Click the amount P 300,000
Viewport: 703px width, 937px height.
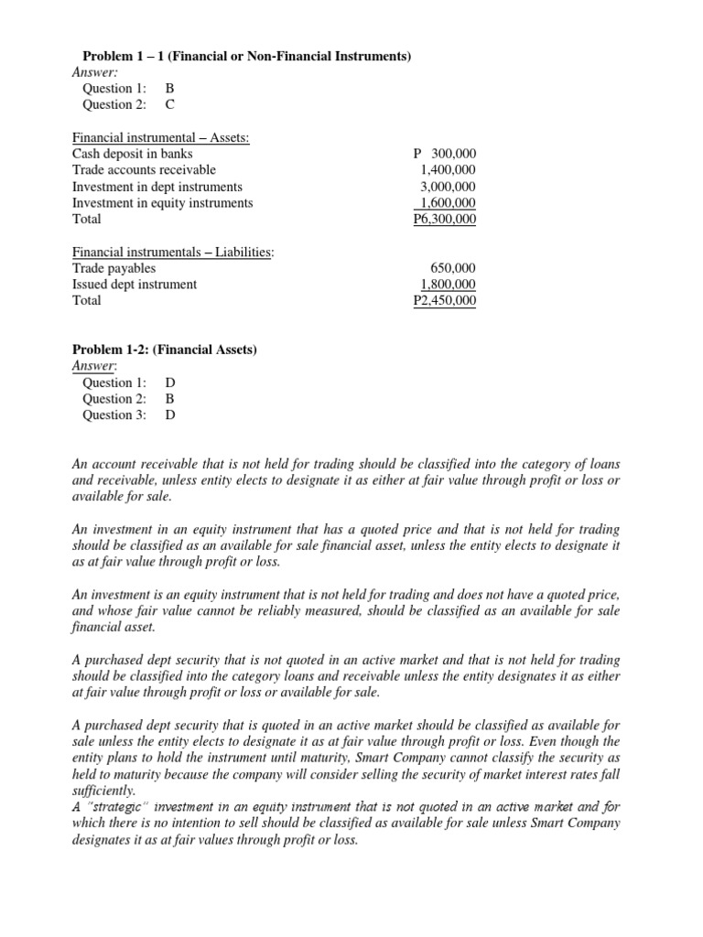click(445, 154)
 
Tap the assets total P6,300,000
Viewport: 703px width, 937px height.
click(445, 220)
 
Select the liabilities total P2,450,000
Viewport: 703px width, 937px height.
click(445, 301)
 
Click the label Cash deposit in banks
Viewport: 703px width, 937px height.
click(132, 154)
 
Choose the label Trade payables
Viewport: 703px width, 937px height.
click(114, 268)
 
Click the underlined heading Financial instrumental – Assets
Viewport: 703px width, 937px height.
click(161, 137)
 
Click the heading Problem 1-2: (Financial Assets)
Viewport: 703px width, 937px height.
click(165, 350)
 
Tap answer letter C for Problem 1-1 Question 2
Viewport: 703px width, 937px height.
click(169, 105)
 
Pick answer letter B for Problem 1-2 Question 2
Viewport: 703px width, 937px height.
click(169, 399)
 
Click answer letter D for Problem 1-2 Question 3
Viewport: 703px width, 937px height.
click(169, 415)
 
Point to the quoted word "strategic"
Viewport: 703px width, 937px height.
click(120, 807)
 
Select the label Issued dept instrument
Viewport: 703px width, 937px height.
click(134, 285)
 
